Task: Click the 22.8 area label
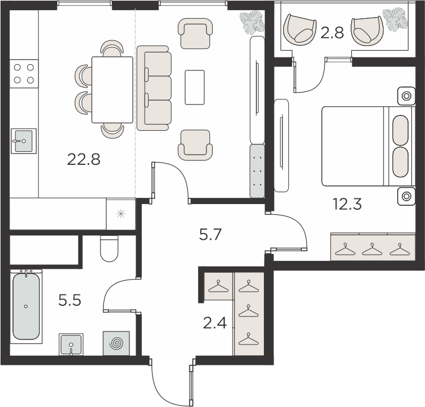pyautogui.click(x=83, y=159)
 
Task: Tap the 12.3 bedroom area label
pyautogui.click(x=347, y=204)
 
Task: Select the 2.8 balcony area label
pyautogui.click(x=332, y=33)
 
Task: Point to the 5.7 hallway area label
pyautogui.click(x=211, y=234)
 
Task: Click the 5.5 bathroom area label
pyautogui.click(x=70, y=300)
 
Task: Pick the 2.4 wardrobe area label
pyautogui.click(x=214, y=323)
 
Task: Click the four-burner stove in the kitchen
pyautogui.click(x=24, y=73)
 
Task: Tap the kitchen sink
pyautogui.click(x=24, y=141)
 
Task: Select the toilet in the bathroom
pyautogui.click(x=110, y=248)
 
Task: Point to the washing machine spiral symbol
pyautogui.click(x=116, y=343)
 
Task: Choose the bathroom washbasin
pyautogui.click(x=71, y=344)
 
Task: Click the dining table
pyautogui.click(x=112, y=90)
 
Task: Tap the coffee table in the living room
pyautogui.click(x=195, y=87)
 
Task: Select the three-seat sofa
pyautogui.click(x=154, y=88)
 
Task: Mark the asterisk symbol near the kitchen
pyautogui.click(x=121, y=214)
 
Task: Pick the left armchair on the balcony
pyautogui.click(x=300, y=30)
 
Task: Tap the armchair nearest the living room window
pyautogui.click(x=195, y=34)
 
